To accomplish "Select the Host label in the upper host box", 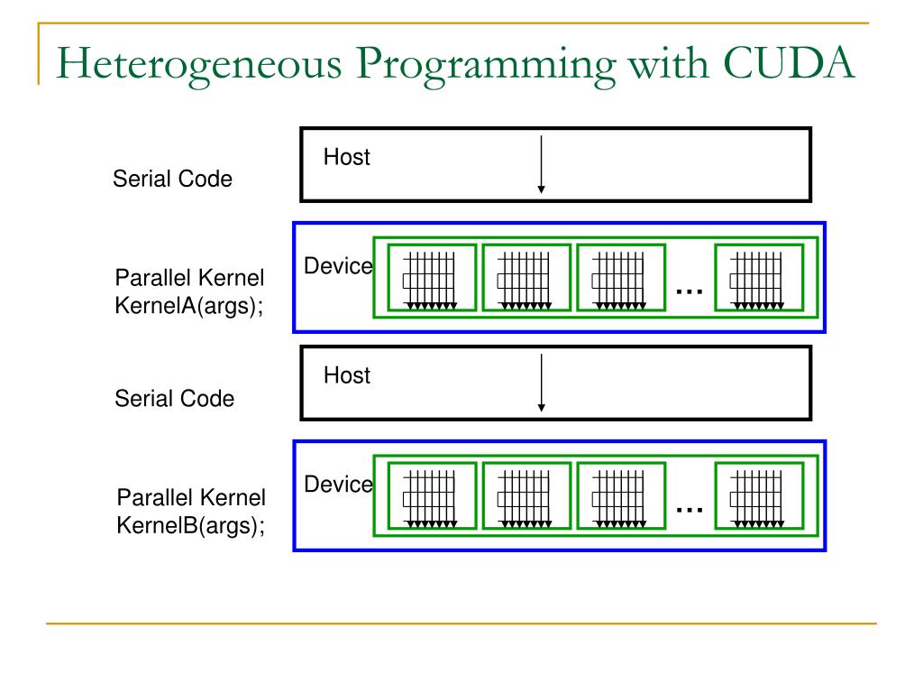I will (x=347, y=158).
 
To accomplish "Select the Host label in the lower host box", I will (x=347, y=375).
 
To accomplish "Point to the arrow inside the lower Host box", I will (x=541, y=383).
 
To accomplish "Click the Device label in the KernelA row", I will (x=338, y=266).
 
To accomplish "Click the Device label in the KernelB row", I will (x=338, y=485).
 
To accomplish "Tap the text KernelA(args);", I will (x=189, y=305).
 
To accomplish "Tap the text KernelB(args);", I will (x=191, y=525).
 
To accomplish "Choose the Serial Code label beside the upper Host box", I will (x=172, y=180).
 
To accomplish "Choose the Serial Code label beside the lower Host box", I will (x=174, y=398).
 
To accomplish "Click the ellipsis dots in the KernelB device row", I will (x=689, y=510).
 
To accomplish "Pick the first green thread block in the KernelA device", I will (x=432, y=278).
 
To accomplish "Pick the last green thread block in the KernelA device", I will (x=759, y=278).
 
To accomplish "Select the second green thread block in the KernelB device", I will (x=526, y=496).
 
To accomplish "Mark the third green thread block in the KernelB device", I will (x=620, y=496).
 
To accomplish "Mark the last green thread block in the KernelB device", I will (x=759, y=496).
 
